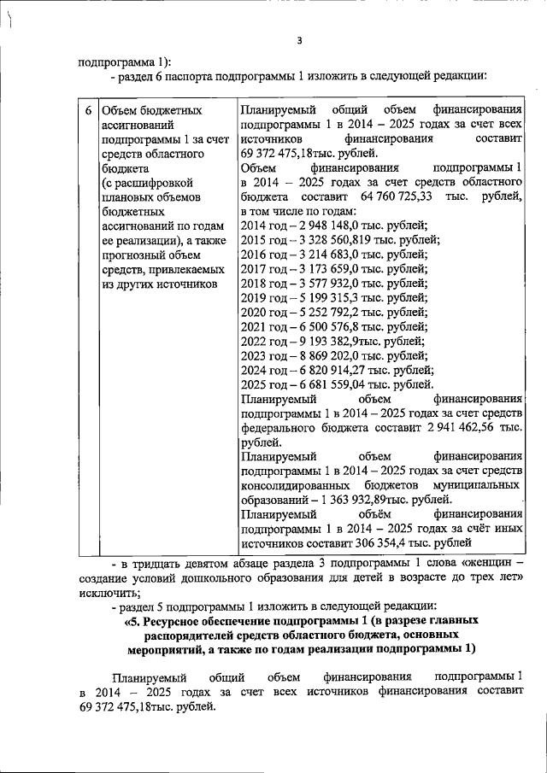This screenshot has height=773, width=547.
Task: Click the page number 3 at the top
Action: coord(299,40)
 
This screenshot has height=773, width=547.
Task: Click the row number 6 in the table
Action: coord(89,111)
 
